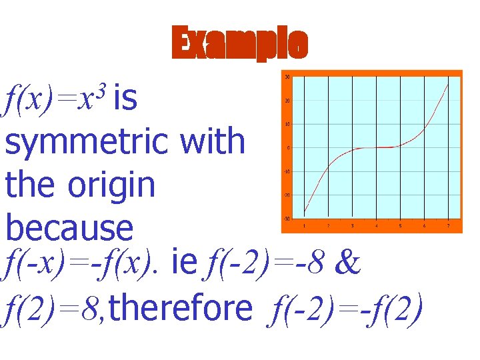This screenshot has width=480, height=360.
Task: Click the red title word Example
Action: pos(240,44)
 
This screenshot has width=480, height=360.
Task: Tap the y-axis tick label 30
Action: pos(287,77)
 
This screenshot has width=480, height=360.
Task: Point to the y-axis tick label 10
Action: pos(287,124)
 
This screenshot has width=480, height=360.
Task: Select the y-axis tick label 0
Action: pos(288,148)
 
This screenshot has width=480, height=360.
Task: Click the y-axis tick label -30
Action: pos(287,219)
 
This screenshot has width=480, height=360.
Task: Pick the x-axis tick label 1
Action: pos(304,226)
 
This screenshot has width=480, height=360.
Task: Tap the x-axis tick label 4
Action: pos(377,226)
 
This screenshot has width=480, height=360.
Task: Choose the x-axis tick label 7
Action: pos(449,226)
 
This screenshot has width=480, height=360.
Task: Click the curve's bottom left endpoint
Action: pos(304,213)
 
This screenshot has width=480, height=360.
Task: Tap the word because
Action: pos(69,227)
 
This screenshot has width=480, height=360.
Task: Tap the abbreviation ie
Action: pos(183,265)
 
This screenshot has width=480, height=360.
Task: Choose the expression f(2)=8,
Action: pos(53,308)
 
